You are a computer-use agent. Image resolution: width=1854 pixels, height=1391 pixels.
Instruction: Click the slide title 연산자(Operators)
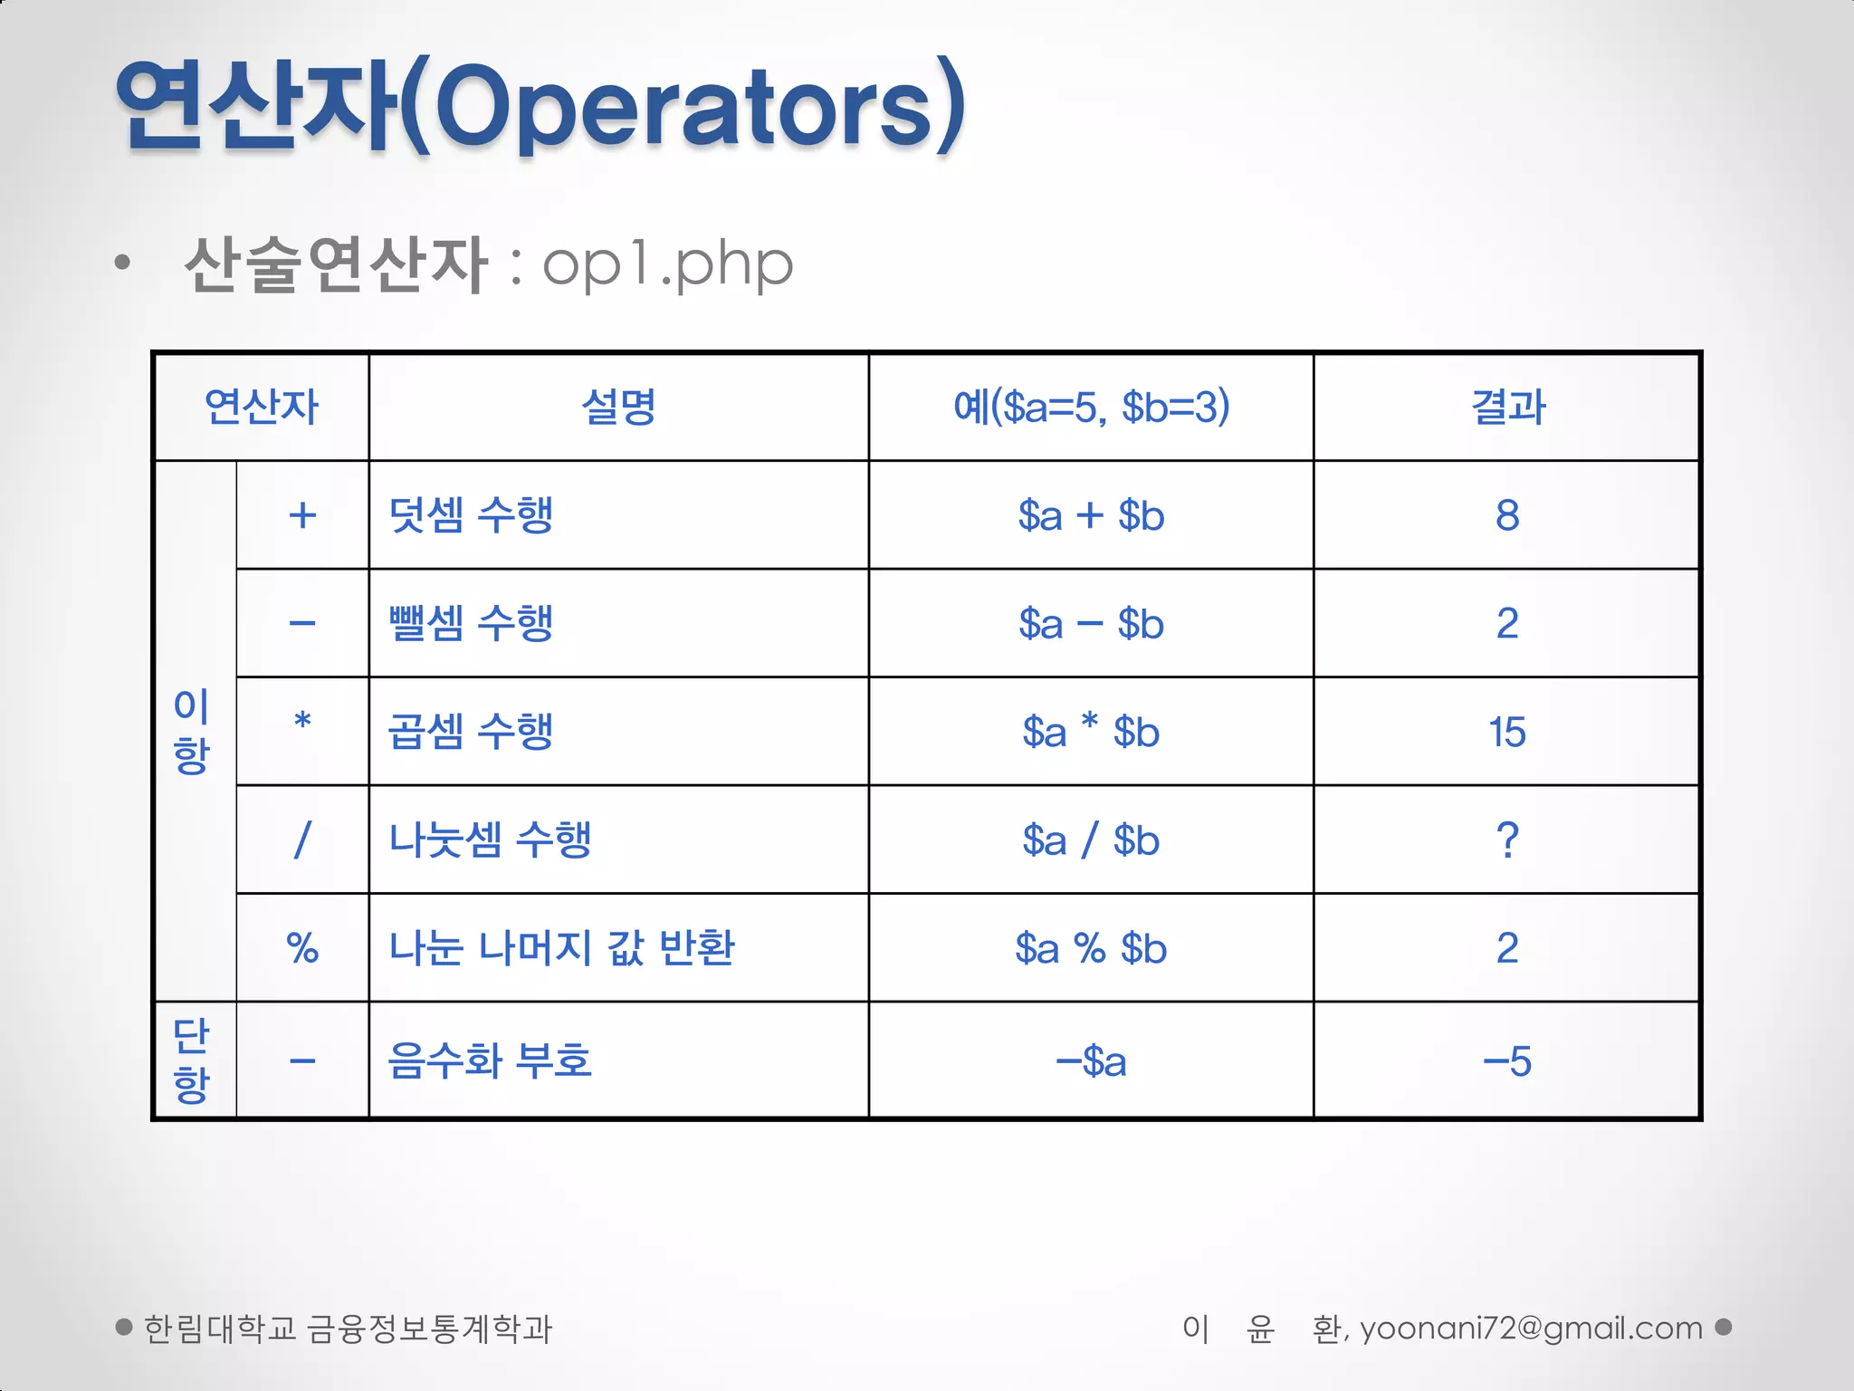click(540, 106)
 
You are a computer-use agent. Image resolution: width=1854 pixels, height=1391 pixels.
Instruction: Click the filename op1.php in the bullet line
click(667, 264)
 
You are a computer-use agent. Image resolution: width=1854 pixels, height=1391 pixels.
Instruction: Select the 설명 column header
click(618, 407)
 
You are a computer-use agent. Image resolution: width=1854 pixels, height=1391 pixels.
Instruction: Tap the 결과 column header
click(1508, 407)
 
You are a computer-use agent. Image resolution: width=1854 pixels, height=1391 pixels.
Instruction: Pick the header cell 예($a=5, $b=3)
click(1091, 407)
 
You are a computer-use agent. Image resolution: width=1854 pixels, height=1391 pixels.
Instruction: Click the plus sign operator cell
click(302, 515)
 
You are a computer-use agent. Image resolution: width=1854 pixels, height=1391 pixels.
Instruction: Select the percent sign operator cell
click(302, 948)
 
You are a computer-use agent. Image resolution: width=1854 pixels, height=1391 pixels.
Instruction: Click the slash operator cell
click(302, 839)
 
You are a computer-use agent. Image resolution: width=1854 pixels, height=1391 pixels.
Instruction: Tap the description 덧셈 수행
click(471, 515)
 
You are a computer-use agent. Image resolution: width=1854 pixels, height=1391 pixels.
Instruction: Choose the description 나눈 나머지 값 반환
click(561, 948)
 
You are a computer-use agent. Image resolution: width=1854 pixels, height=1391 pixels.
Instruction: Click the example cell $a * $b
click(1091, 732)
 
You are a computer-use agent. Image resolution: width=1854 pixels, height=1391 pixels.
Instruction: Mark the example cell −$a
click(1091, 1060)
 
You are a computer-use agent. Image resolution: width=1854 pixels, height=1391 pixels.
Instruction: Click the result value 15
click(1507, 732)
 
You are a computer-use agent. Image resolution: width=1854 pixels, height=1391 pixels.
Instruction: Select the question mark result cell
click(1507, 839)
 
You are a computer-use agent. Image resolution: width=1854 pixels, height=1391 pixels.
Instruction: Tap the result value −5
click(1507, 1060)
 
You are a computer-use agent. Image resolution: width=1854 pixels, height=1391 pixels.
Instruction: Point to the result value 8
click(1507, 515)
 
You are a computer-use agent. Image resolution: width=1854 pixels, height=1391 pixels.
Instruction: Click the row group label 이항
click(192, 731)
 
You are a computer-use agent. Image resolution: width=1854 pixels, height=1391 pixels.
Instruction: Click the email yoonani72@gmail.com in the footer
click(1531, 1329)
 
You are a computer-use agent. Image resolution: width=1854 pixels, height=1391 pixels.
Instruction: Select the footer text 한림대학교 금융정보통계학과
click(348, 1329)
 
